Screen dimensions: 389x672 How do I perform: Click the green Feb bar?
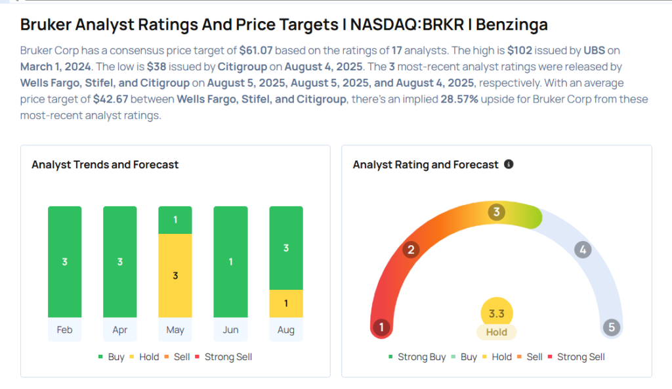tap(64, 262)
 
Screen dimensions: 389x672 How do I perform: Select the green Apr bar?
tap(119, 262)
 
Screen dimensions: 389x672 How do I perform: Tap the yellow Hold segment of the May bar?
tap(175, 275)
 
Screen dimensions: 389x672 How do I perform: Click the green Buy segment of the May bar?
tap(175, 220)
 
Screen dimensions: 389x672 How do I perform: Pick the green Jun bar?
tap(230, 262)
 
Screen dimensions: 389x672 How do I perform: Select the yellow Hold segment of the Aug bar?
tap(286, 304)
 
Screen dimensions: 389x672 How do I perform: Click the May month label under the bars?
tap(175, 330)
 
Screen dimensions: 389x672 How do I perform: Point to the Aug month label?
tap(286, 330)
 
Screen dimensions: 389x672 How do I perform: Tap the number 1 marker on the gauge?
tap(381, 327)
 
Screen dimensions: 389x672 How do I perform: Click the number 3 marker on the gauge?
tap(497, 212)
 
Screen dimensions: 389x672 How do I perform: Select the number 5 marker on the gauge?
tap(612, 327)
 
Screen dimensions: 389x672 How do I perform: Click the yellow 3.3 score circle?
tap(497, 314)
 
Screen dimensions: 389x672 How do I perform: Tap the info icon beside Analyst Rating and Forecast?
tap(509, 164)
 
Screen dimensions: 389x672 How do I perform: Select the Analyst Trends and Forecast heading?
tap(105, 164)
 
